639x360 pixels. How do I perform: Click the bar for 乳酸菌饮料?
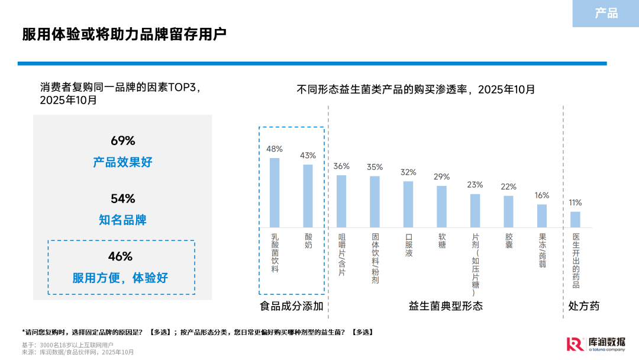[275, 192]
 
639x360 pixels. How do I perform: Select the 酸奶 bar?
[308, 196]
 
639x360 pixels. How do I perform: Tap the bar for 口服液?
[408, 204]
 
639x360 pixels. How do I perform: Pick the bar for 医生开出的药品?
[575, 220]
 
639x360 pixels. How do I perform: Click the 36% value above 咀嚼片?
[341, 166]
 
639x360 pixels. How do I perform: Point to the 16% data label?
[541, 195]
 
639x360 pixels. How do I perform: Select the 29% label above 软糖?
[441, 177]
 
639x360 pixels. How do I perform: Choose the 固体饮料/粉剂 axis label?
[375, 258]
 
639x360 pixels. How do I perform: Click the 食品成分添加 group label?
[292, 306]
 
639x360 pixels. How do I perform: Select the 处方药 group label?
[584, 306]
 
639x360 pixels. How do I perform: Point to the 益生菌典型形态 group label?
[446, 306]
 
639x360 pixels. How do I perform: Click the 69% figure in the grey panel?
[122, 141]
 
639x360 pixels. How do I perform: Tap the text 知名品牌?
[122, 220]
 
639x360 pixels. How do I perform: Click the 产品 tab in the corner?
[606, 13]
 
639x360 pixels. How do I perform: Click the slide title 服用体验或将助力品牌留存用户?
[124, 34]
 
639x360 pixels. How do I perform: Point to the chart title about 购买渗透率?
[415, 89]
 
